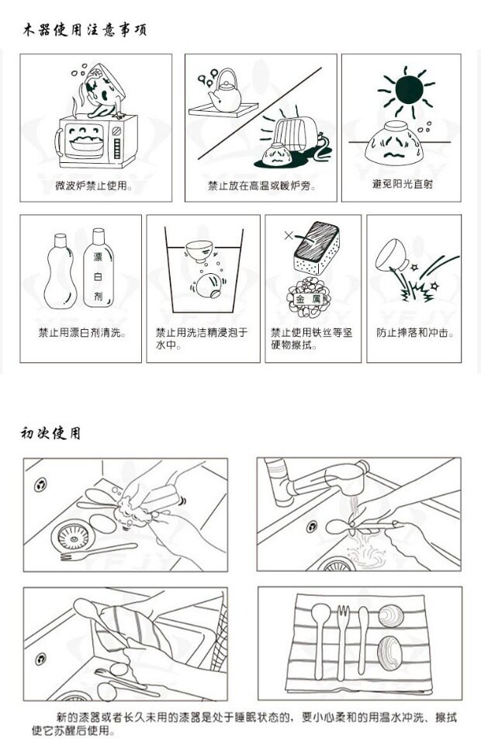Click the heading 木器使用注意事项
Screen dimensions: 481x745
coord(85,29)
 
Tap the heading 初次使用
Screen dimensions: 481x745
coord(50,433)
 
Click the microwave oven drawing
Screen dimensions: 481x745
coord(96,140)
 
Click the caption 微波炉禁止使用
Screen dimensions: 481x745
coord(93,185)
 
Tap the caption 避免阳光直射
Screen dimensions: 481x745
coord(402,184)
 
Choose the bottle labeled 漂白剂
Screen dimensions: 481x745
coord(99,268)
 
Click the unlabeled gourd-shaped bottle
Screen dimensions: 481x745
coord(61,271)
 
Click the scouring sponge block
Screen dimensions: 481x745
coord(316,248)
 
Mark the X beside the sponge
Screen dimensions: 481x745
coord(289,234)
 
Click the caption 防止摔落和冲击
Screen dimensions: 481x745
coord(415,333)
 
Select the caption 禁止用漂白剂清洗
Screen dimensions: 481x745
coord(82,333)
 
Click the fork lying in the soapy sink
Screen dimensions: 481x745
coord(99,552)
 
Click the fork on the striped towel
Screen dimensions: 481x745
coord(342,642)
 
